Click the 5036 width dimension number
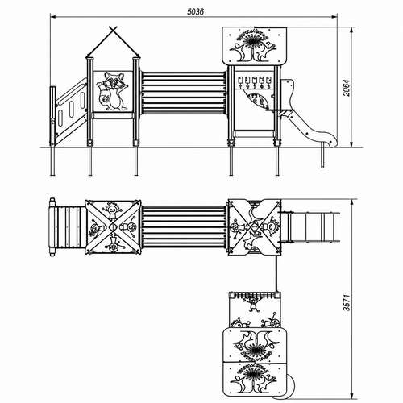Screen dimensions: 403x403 [x=195, y=11]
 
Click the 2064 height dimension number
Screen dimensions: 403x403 [x=347, y=88]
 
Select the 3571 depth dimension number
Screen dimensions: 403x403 [x=347, y=302]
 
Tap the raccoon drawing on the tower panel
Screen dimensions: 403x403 [x=113, y=91]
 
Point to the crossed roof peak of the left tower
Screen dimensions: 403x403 [x=113, y=31]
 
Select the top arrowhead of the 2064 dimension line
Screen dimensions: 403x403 [x=351, y=30]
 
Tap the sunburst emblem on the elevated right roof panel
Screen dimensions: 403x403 [x=253, y=43]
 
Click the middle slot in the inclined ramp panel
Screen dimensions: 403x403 [x=72, y=109]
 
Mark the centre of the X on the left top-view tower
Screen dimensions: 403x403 [x=113, y=227]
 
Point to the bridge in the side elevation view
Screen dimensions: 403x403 [x=184, y=93]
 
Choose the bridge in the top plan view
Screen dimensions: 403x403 [x=184, y=227]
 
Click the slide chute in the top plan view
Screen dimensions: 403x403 [x=310, y=227]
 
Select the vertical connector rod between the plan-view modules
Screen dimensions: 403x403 [x=276, y=273]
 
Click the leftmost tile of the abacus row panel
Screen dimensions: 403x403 [x=240, y=81]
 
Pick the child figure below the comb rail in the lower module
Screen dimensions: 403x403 [x=252, y=305]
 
